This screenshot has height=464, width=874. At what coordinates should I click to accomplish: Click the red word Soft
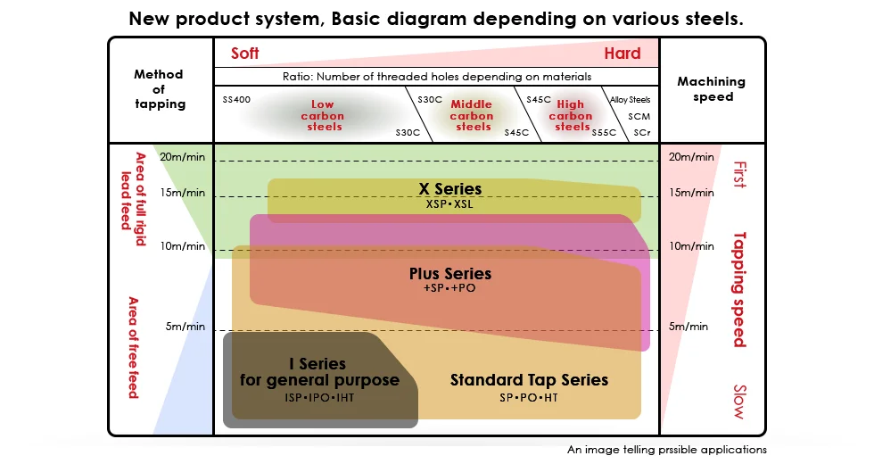click(244, 54)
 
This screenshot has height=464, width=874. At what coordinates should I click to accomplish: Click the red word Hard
click(622, 54)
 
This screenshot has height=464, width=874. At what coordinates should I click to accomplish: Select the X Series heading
click(449, 189)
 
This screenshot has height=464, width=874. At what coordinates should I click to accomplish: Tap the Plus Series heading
click(449, 273)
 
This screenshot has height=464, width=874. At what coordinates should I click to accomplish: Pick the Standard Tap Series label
click(529, 380)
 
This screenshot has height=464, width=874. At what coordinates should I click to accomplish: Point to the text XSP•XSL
click(449, 204)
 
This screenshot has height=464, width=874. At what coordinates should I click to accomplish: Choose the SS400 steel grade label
click(236, 99)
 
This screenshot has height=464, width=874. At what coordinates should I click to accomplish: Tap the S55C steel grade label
click(604, 132)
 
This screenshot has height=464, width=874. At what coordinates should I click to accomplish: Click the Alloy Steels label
click(631, 100)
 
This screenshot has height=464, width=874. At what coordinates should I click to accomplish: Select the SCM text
click(639, 116)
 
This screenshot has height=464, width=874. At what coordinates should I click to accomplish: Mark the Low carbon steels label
click(322, 116)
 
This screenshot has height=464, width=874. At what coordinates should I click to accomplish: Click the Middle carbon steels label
click(472, 116)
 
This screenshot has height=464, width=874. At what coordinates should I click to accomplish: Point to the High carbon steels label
click(571, 116)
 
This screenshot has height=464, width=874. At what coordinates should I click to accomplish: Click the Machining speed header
click(711, 88)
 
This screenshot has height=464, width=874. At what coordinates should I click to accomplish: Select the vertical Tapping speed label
click(738, 289)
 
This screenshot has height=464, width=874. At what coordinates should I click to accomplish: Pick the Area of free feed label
click(133, 347)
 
